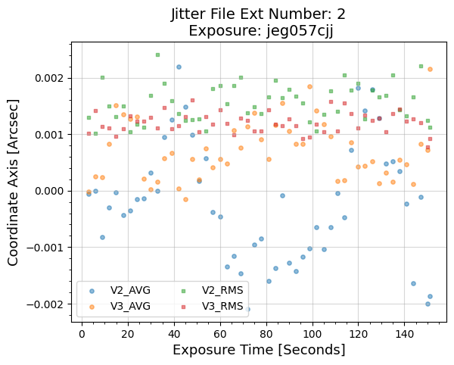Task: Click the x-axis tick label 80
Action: (266, 332)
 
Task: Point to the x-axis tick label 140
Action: (405, 332)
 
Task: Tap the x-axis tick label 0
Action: (82, 332)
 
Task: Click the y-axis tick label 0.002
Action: (46, 79)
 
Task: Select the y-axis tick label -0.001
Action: (44, 248)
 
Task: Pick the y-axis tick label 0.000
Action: (46, 192)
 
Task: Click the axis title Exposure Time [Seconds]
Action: (259, 350)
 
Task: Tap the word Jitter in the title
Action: (192, 14)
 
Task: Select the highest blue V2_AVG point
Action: (179, 67)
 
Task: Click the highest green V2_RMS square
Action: (157, 55)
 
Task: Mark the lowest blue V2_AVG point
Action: (247, 309)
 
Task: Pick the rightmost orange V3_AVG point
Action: (430, 69)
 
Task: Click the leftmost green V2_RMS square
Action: (89, 117)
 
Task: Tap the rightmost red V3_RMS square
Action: (430, 139)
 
